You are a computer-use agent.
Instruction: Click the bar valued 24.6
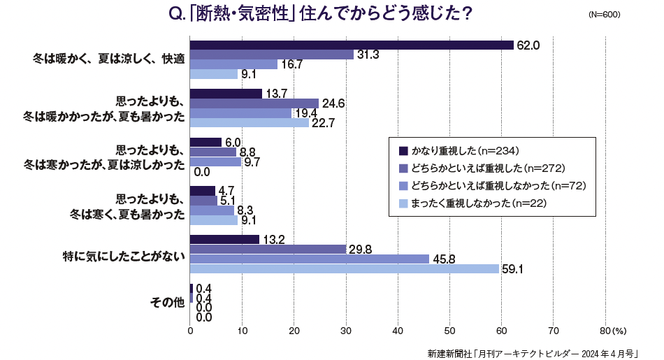254,103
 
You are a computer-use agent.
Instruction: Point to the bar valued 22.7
249,122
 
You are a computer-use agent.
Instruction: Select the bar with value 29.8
268,249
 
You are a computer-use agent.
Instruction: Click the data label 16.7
291,64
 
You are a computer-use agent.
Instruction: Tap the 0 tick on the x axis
190,331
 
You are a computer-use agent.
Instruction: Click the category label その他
167,303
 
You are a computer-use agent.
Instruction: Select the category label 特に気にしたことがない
124,254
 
